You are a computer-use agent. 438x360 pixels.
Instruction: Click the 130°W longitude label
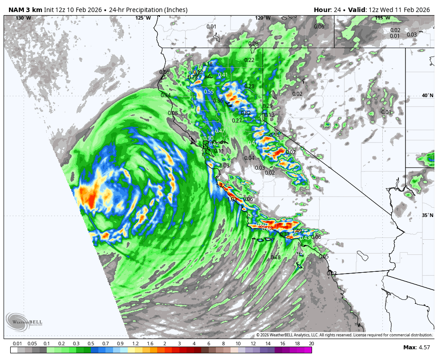click(24, 18)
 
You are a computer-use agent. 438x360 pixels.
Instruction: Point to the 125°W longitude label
click(143, 18)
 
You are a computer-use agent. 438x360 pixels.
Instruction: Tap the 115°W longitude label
click(382, 18)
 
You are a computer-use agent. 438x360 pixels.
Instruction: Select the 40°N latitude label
click(427, 95)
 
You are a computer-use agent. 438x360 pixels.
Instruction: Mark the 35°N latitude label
click(427, 215)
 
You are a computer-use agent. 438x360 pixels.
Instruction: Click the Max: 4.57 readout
click(416, 347)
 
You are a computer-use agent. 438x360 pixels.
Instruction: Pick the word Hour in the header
click(322, 10)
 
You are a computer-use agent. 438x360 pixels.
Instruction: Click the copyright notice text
click(344, 335)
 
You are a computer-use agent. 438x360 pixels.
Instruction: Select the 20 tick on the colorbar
click(311, 344)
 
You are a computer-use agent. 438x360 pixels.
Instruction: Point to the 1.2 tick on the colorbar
click(135, 344)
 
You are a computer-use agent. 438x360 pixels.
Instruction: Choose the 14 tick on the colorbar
click(268, 344)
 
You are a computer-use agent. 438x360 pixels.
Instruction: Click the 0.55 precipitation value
click(209, 92)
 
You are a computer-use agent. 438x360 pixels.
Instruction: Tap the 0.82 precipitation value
click(246, 113)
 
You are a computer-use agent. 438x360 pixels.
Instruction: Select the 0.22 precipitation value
click(249, 60)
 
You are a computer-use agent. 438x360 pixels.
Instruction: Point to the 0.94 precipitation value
click(166, 95)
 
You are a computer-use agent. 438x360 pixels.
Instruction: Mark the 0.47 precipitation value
click(220, 131)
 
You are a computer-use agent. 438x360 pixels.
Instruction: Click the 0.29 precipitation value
click(268, 106)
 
